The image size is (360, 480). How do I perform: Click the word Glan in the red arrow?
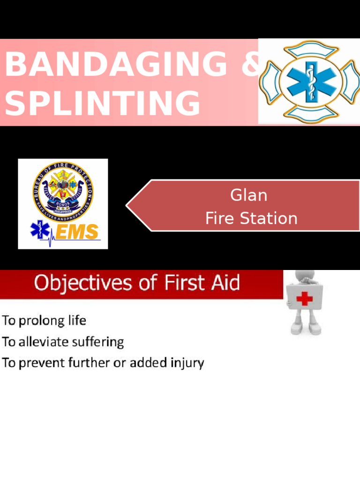click(248, 195)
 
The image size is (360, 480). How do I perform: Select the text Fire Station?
click(251, 218)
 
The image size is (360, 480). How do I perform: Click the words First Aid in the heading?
click(202, 284)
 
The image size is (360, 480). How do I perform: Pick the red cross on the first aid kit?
click(305, 299)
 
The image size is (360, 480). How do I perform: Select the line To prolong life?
click(44, 321)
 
